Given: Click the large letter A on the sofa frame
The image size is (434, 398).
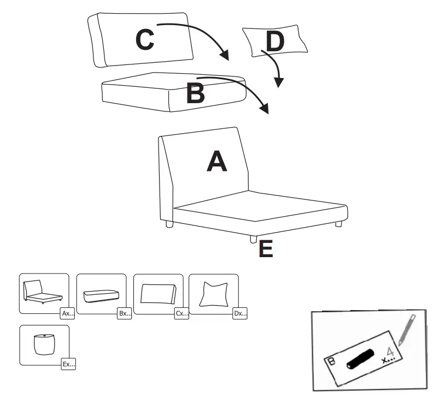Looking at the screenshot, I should [217, 162].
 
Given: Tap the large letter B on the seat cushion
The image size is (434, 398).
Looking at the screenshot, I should [195, 93].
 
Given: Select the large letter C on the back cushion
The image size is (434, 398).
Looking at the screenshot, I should [145, 40].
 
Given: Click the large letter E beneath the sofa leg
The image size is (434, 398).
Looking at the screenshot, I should [266, 249].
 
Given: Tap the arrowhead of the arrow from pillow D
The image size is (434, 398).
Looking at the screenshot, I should [279, 83].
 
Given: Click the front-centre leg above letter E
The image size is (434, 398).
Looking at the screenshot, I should [253, 239].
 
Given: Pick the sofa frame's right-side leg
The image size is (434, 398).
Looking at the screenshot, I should [339, 223].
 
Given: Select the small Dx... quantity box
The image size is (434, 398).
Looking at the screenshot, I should [240, 314].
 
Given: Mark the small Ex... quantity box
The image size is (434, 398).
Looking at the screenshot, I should [67, 363].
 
